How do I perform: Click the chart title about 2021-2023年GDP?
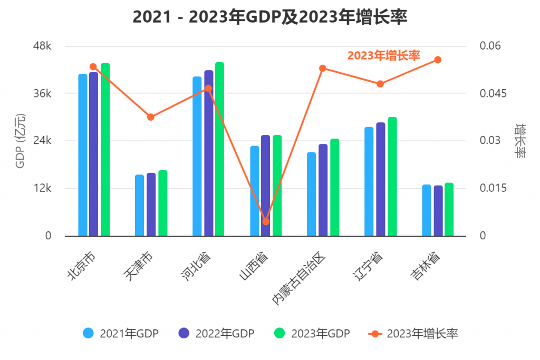[x=270, y=17]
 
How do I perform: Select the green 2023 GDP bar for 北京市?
[x=105, y=150]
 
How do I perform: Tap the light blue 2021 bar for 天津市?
[x=139, y=205]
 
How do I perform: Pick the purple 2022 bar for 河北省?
[x=208, y=153]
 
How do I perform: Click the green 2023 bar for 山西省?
[x=277, y=186]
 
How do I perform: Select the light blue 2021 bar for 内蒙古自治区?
[x=311, y=194]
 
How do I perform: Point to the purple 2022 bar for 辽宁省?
[x=380, y=179]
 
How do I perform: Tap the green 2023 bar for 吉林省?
[x=449, y=209]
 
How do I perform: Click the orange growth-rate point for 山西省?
[x=266, y=221]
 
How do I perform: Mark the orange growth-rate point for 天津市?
[x=151, y=117]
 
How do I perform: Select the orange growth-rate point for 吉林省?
[x=438, y=60]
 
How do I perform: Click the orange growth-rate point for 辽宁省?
[x=380, y=84]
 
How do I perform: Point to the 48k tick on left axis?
[x=42, y=46]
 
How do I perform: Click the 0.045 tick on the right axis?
[x=492, y=93]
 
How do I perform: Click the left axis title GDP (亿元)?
[x=20, y=141]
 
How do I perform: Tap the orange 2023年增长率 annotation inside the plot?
[x=383, y=56]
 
